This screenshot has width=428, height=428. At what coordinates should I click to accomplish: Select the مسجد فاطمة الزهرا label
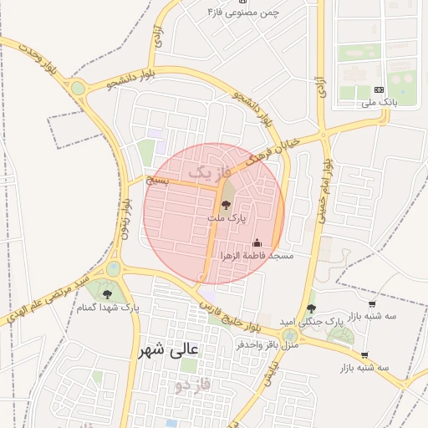(x=257, y=255)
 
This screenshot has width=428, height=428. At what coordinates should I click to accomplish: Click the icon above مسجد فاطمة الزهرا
(x=257, y=243)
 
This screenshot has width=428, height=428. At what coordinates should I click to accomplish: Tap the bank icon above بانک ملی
(x=379, y=89)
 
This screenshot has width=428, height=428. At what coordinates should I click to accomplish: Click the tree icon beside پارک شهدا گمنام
(x=107, y=293)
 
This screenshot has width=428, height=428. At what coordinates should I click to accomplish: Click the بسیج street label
(x=157, y=180)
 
